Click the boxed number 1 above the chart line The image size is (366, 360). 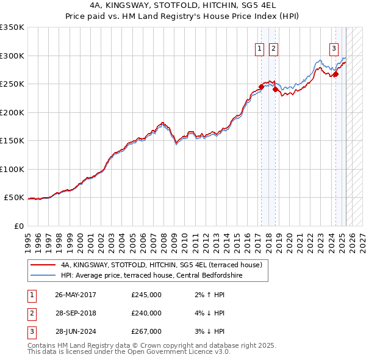coord(260,49)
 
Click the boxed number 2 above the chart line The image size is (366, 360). coord(273,49)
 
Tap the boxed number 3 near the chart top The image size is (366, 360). coord(334,49)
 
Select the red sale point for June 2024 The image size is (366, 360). coord(335,74)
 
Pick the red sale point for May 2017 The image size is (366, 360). coord(261,87)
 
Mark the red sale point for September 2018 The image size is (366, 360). coord(275,89)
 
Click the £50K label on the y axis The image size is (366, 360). coord(13,198)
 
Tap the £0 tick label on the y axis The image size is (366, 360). coord(18,226)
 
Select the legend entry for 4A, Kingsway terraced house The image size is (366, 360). coord(161,265)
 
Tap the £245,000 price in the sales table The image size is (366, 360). coord(146,295)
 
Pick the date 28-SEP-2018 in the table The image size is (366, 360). coord(76,313)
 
